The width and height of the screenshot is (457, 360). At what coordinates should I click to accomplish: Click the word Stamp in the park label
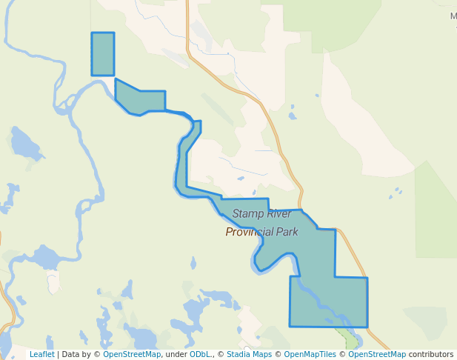(x=247, y=214)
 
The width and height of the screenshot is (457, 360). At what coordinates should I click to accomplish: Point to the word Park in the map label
(x=286, y=232)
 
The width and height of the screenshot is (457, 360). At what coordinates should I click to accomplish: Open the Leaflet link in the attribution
(x=41, y=355)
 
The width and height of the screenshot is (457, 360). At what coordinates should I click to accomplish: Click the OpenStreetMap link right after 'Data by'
(x=132, y=355)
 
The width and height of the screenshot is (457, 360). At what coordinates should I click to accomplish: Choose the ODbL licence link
(x=201, y=355)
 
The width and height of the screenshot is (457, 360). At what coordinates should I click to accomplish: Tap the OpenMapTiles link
(x=310, y=355)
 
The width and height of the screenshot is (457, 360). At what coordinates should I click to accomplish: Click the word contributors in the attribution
(x=430, y=355)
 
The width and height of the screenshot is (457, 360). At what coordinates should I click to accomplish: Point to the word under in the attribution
(x=176, y=355)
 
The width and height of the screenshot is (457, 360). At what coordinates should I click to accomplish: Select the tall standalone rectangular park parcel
(x=103, y=54)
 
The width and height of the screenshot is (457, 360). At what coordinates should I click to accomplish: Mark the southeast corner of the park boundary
(x=367, y=326)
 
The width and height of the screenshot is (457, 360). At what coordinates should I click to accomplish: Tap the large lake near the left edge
(x=26, y=144)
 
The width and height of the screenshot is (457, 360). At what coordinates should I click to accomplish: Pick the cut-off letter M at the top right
(x=453, y=15)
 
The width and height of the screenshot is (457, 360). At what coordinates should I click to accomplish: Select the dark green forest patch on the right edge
(x=437, y=207)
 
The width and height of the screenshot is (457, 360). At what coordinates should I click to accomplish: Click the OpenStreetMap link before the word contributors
(x=377, y=355)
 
